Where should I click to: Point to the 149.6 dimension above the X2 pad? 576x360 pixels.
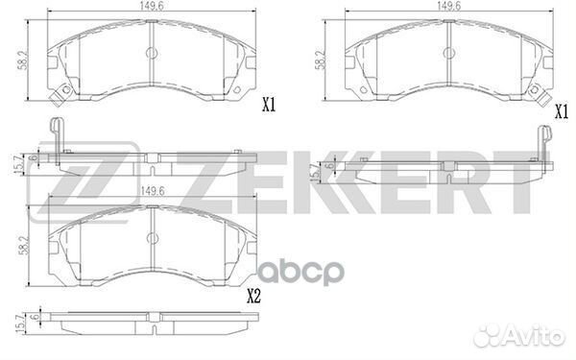pos(152,191)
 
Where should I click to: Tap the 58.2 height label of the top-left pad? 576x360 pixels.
pos(24,60)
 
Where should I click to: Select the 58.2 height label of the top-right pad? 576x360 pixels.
pos(320,60)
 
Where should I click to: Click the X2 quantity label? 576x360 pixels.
pos(253,296)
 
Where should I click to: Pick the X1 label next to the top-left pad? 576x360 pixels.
pos(269,106)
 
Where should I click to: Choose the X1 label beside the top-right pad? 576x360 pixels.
pos(562,112)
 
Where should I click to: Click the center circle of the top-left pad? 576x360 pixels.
pos(152,53)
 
